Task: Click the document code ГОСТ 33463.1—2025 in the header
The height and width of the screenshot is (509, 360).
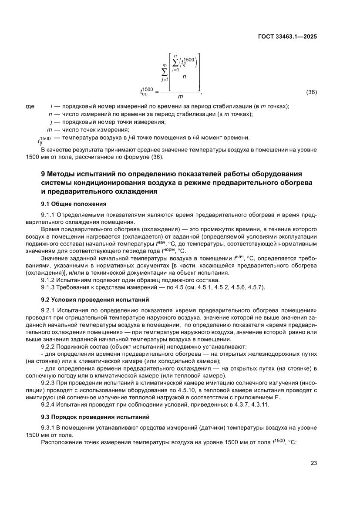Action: [x=286, y=37]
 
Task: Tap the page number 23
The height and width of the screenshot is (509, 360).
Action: [x=313, y=462]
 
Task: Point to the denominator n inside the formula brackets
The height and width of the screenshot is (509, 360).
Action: [x=185, y=77]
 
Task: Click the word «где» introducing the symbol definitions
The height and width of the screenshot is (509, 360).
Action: [x=30, y=106]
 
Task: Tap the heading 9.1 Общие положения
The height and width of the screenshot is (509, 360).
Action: [x=74, y=204]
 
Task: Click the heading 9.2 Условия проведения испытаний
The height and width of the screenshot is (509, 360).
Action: [x=95, y=300]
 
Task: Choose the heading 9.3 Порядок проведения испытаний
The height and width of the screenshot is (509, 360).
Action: [x=95, y=416]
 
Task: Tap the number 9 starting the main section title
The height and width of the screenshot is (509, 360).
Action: [x=43, y=175]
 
